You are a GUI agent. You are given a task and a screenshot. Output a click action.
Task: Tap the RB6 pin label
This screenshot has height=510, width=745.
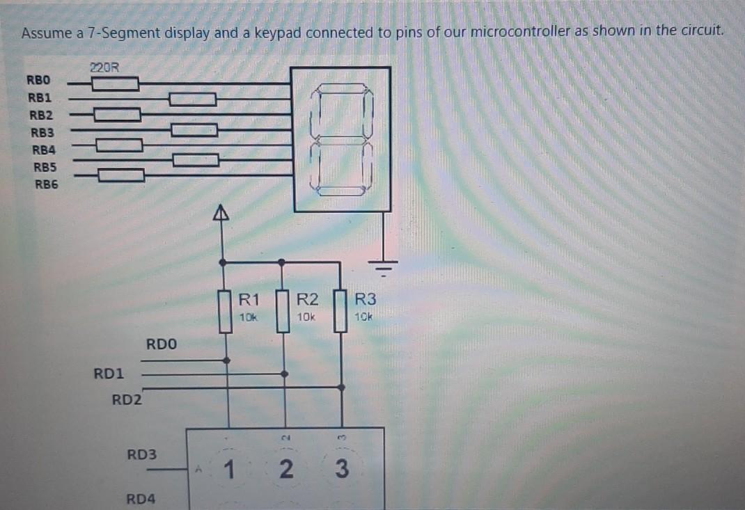click(x=47, y=184)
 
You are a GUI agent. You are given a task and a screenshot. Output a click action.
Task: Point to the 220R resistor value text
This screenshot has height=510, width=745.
click(x=104, y=68)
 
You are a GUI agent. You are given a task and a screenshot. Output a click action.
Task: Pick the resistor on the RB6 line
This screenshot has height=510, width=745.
click(x=121, y=175)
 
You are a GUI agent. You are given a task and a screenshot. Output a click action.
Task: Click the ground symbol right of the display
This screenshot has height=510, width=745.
click(x=384, y=265)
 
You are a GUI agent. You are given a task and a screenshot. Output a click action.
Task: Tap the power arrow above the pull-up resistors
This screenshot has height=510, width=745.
click(x=222, y=213)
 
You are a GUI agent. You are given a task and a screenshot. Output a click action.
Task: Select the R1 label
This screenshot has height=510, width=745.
click(x=249, y=301)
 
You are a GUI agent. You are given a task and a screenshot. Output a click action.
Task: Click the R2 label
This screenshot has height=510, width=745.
click(x=307, y=301)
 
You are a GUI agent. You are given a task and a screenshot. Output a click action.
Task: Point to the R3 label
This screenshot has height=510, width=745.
click(x=365, y=301)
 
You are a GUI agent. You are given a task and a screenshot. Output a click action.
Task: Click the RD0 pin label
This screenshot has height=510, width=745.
click(x=162, y=344)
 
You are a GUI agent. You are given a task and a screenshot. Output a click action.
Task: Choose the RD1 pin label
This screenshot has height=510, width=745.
click(x=109, y=374)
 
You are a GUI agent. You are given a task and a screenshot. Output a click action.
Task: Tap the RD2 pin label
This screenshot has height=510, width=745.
click(x=127, y=400)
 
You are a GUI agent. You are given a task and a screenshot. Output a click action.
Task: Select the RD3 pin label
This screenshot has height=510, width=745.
click(x=142, y=455)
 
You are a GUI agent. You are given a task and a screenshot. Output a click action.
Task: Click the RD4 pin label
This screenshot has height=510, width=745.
click(x=141, y=499)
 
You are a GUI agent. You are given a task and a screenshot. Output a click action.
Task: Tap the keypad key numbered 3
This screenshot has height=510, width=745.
click(x=340, y=470)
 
